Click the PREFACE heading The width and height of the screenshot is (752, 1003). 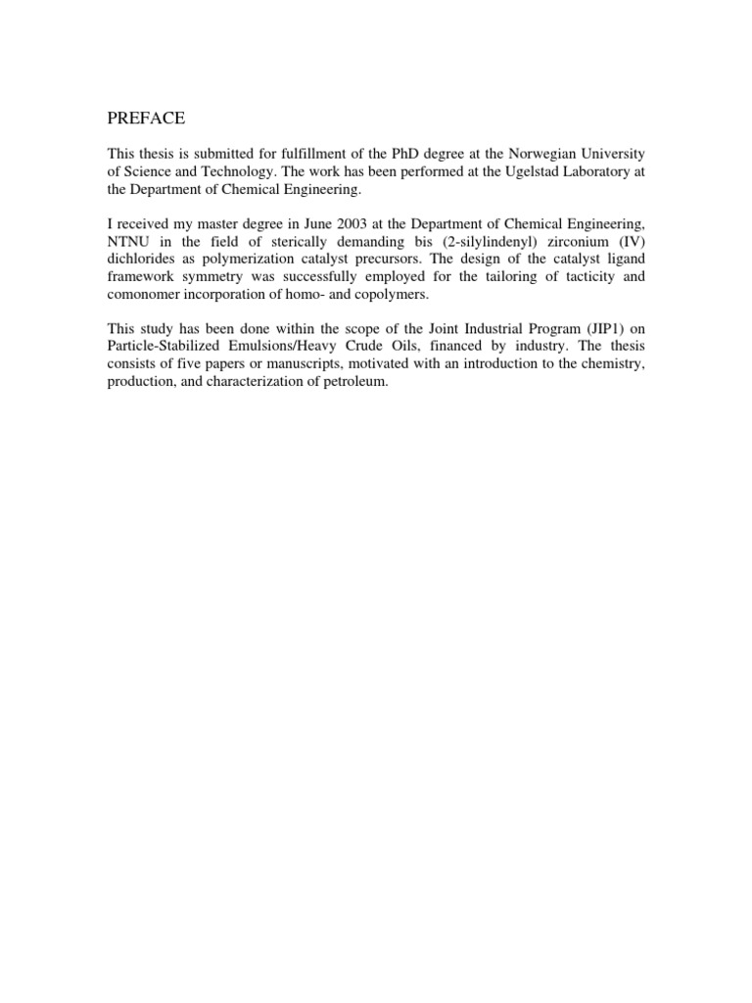click(146, 119)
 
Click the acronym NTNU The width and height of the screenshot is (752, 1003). click(128, 242)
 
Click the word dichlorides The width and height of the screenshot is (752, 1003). click(141, 260)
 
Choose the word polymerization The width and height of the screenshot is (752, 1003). click(236, 260)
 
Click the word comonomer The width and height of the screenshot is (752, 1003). click(144, 295)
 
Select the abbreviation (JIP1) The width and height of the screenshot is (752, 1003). click(593, 330)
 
